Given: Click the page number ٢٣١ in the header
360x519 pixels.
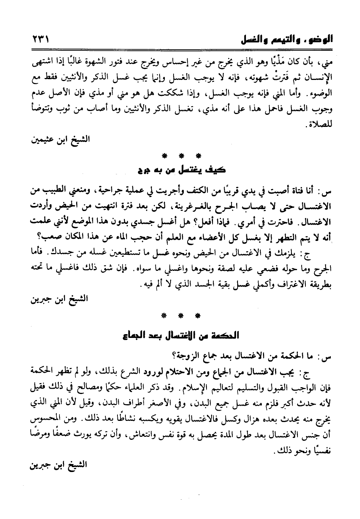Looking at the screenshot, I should pyautogui.click(x=39, y=39).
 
